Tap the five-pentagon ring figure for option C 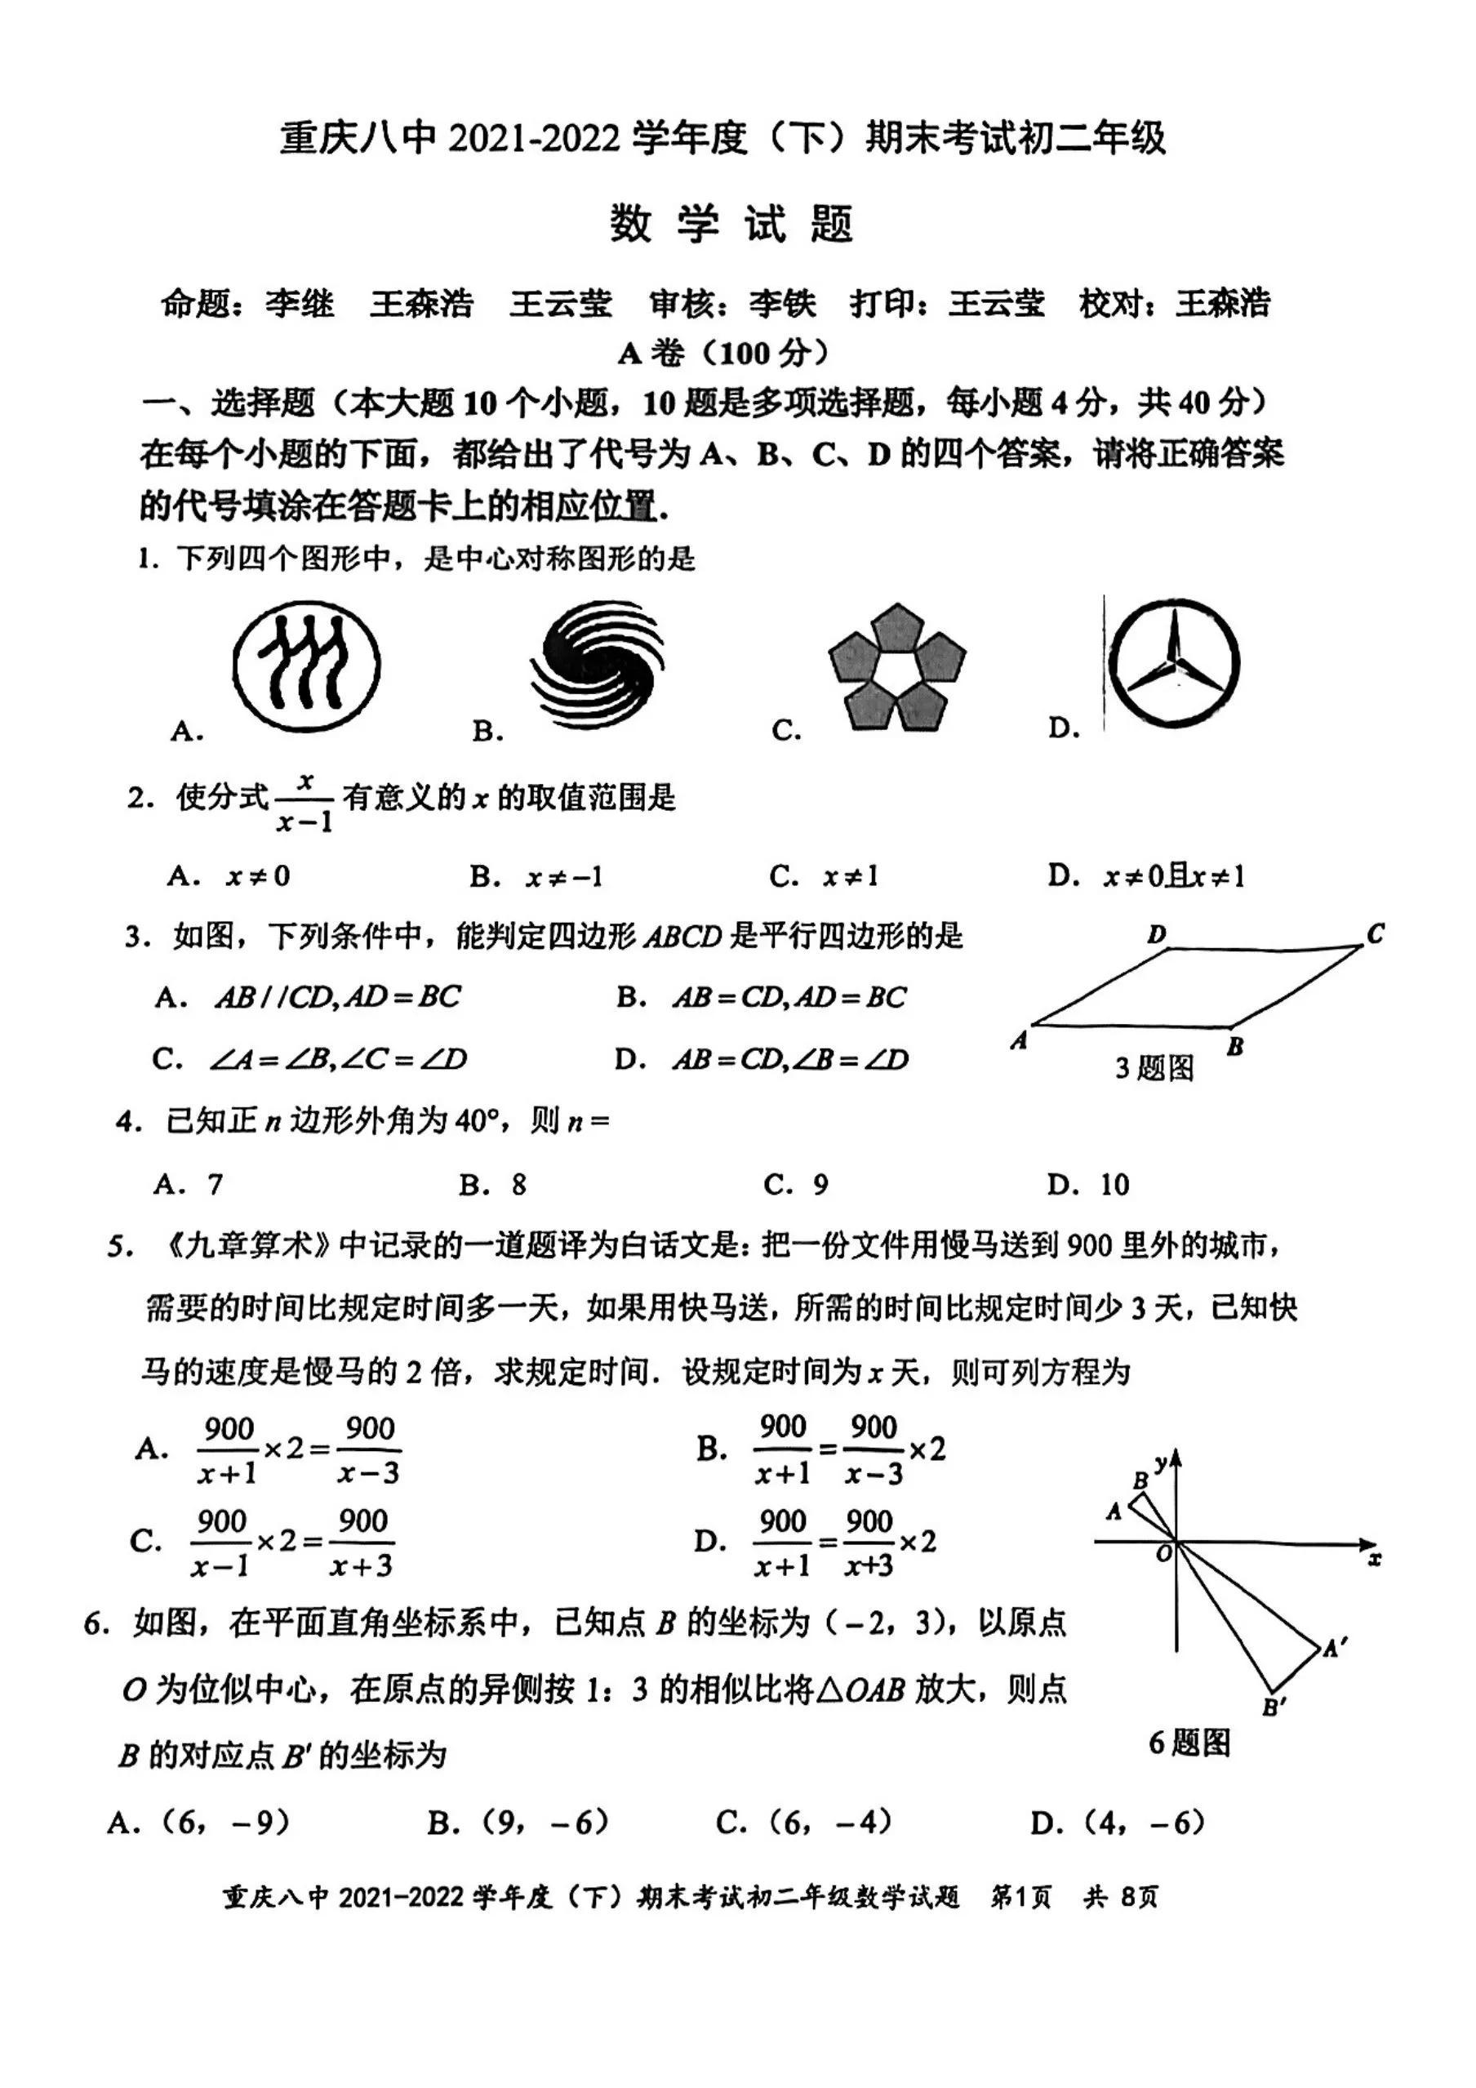896,667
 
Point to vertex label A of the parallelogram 1020,1040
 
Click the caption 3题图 1154,1067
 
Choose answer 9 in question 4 820,1184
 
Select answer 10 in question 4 1114,1184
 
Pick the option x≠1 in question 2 851,875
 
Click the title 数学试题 732,224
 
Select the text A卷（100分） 724,352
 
